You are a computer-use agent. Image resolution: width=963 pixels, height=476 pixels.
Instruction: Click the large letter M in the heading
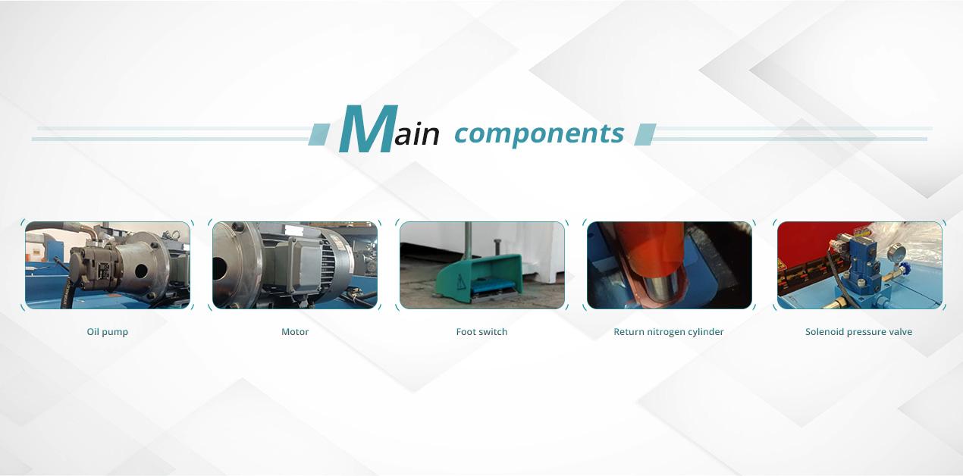tap(368, 128)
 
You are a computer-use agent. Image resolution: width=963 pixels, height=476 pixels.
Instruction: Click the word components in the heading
tap(539, 134)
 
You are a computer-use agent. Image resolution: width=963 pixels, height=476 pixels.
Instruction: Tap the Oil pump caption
tap(108, 332)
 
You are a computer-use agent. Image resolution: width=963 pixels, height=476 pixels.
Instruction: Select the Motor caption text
tap(295, 332)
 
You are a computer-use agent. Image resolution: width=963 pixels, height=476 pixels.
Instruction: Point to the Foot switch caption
tap(482, 332)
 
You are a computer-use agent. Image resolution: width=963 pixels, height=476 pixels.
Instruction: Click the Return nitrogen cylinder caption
tap(669, 332)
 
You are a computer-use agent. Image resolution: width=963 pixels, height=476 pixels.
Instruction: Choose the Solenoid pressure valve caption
tap(858, 332)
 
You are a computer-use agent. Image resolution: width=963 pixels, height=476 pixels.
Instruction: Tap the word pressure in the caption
tap(867, 332)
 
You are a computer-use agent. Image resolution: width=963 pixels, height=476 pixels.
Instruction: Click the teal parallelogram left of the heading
tap(319, 134)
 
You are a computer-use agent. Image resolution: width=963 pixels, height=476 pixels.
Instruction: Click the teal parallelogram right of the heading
tap(645, 134)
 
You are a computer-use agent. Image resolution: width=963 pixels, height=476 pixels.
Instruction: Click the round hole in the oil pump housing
tap(141, 271)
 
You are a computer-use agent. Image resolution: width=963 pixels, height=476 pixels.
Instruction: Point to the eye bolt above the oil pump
tap(175, 234)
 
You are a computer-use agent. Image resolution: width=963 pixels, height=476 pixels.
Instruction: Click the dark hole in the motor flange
tap(219, 268)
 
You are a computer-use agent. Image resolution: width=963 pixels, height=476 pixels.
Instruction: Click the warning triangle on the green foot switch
tap(461, 282)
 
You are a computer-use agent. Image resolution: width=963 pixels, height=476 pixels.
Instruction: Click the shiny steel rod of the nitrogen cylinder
tap(662, 289)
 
